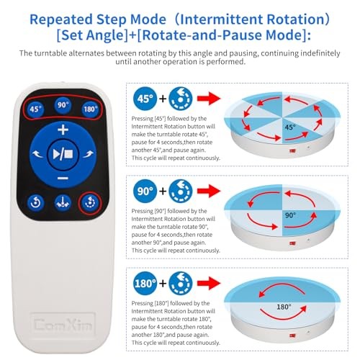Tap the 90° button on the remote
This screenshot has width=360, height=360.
coord(63,104)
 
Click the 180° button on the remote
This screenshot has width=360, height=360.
coord(89,109)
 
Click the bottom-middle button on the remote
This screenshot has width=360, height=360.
coord(63,203)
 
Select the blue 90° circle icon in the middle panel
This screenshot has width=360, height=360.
coord(144,192)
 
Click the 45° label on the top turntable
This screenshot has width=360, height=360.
coord(288,127)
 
